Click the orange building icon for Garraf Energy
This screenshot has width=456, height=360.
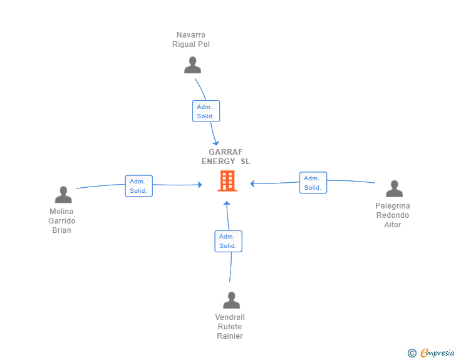point(227,181)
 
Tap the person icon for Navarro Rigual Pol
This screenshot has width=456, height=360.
point(192,65)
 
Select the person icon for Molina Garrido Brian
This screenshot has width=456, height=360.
point(63,194)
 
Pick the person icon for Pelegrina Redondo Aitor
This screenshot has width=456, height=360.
point(395,188)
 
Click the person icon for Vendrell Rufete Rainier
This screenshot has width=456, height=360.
point(232,300)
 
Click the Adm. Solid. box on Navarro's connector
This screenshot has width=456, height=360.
point(206,111)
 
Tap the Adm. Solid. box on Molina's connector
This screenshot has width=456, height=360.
point(138,186)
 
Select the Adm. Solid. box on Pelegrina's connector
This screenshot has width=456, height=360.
point(313,183)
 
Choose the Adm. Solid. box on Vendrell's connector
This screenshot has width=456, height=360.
point(228,242)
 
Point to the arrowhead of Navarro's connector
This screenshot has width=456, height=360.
point(216,143)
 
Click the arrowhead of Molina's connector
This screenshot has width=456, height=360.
point(200,185)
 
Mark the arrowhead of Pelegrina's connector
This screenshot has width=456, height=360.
point(252,184)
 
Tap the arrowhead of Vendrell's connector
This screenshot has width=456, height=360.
point(227,203)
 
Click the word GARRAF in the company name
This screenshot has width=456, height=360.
point(225,152)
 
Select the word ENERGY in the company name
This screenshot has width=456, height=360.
point(218,162)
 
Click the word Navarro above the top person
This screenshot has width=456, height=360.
point(191,35)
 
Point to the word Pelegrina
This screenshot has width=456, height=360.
point(393,206)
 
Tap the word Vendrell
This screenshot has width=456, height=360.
point(230,317)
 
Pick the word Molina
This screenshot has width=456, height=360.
point(61,212)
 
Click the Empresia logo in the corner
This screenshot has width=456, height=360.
point(431,352)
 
